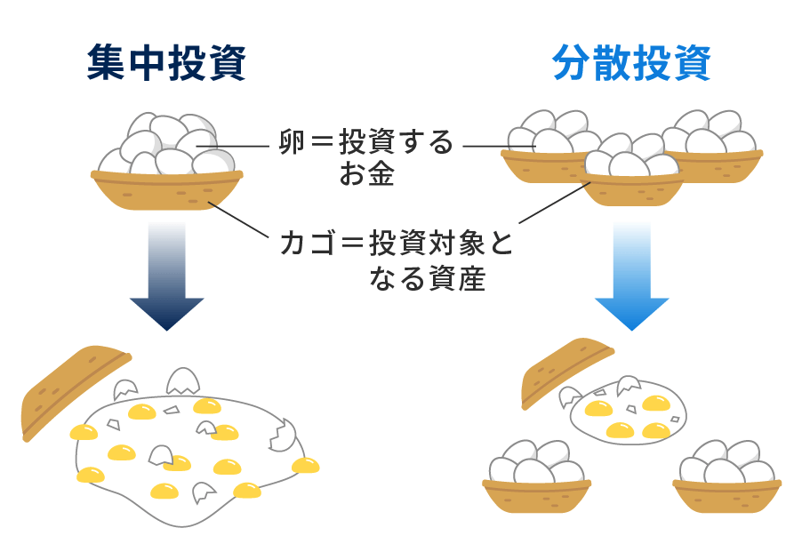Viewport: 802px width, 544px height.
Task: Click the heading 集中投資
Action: coord(166,64)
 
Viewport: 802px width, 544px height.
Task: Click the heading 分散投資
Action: coord(631,64)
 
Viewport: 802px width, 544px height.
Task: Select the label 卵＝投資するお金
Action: coord(365,156)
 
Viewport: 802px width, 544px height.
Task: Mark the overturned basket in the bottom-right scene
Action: coord(569,369)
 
